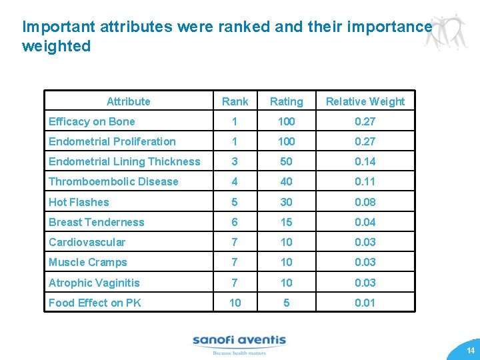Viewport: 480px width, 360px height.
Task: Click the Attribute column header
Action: (128, 101)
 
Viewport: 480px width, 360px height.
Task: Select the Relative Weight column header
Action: (365, 101)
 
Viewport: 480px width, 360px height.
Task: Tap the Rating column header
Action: (286, 101)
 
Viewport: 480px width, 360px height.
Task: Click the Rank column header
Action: (235, 101)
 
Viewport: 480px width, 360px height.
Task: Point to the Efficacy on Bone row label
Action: (92, 121)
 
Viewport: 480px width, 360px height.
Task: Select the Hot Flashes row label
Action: (79, 202)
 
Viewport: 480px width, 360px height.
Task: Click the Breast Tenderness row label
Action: (96, 222)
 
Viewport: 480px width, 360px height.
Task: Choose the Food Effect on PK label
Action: (95, 303)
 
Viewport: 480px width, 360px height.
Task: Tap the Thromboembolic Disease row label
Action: (113, 181)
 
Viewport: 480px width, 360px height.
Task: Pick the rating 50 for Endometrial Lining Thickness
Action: (286, 161)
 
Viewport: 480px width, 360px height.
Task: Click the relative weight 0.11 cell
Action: (365, 181)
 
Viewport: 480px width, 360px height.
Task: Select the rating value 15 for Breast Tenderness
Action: (286, 222)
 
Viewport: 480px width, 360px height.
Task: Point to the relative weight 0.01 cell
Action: (365, 303)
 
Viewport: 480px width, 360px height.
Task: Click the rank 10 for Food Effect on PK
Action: (235, 303)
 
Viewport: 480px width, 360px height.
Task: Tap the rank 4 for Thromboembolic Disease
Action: (235, 181)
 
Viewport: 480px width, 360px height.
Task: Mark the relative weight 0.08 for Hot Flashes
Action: (365, 202)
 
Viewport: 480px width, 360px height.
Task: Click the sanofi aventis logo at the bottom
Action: (239, 343)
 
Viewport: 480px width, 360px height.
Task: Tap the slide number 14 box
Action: (470, 350)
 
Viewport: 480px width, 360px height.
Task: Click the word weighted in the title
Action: (56, 47)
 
